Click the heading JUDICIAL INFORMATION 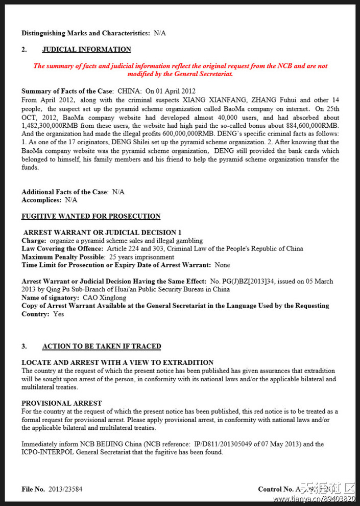pos(86,50)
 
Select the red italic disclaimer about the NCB pos(180,70)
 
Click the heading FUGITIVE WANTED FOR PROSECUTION pos(91,216)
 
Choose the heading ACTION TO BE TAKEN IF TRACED pos(102,346)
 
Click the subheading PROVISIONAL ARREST pos(62,403)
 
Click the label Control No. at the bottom pos(276,489)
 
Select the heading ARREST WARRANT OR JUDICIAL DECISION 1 pos(102,232)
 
